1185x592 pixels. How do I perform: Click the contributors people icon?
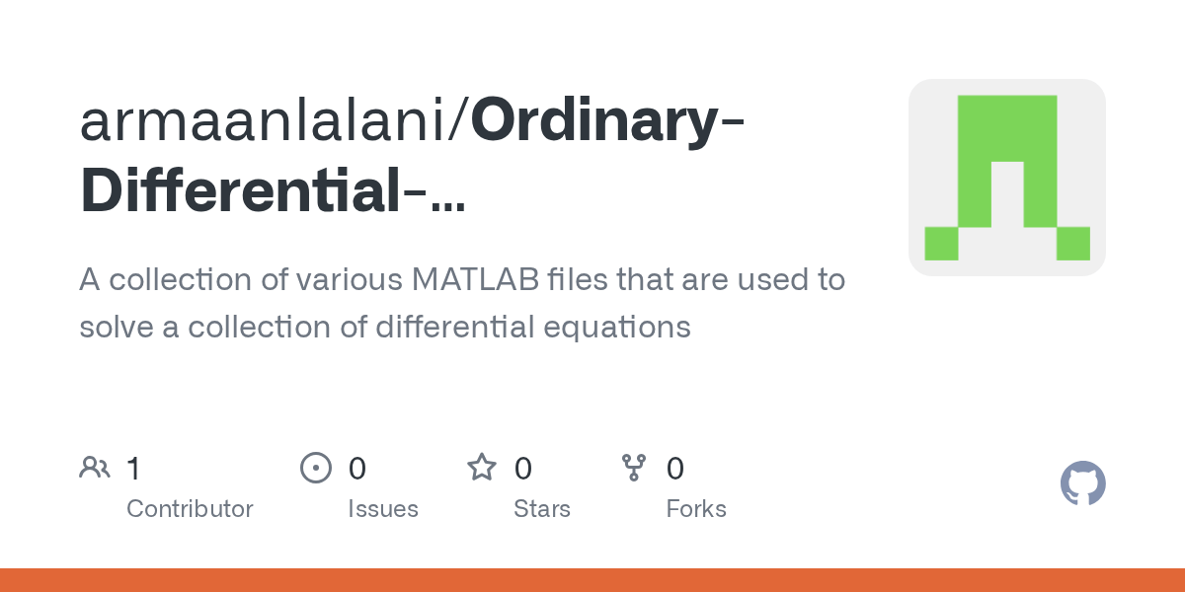(95, 468)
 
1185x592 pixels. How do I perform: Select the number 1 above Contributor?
(133, 469)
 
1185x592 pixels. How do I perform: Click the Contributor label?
(190, 509)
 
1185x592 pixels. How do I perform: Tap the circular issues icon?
(316, 468)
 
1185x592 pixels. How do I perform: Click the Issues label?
(383, 509)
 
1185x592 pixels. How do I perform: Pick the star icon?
(482, 468)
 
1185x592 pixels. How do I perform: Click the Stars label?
(542, 509)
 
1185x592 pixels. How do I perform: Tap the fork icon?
(633, 468)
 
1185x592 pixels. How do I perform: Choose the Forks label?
(696, 509)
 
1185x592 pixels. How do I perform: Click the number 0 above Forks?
(675, 469)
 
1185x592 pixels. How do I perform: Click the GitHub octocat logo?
(1083, 484)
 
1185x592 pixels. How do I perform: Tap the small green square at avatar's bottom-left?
(941, 243)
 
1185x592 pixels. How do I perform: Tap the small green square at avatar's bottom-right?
(1072, 243)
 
